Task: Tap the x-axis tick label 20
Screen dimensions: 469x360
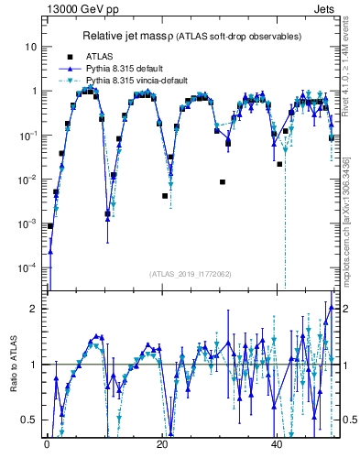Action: (x=162, y=447)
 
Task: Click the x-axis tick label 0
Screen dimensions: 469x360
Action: (x=47, y=447)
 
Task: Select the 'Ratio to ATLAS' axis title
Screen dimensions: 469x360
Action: (x=14, y=365)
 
